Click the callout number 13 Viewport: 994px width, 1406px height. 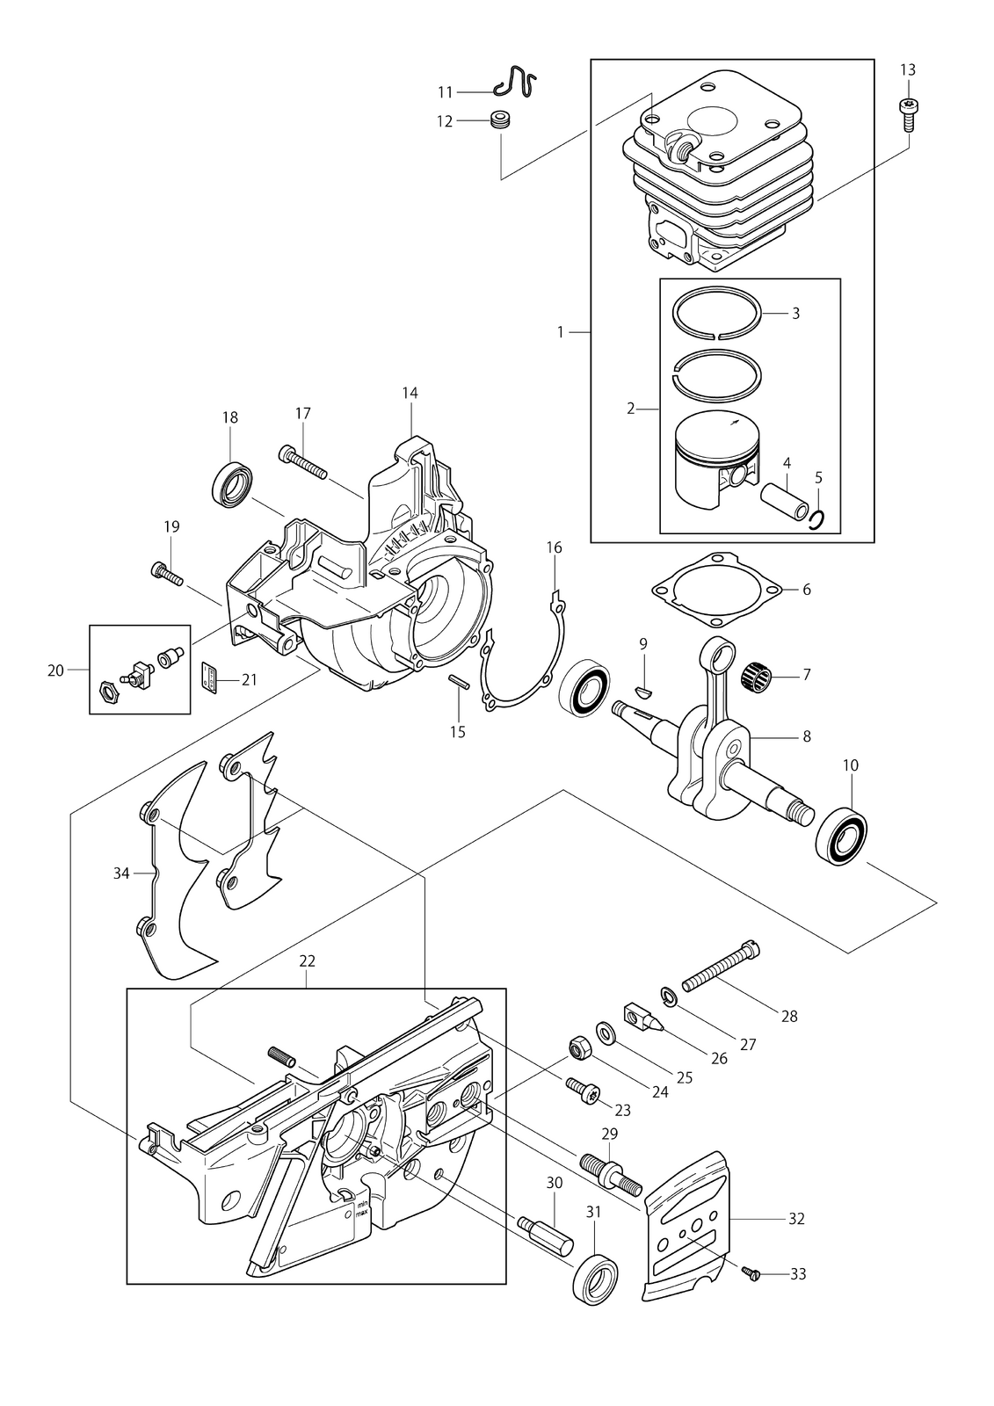coord(907,69)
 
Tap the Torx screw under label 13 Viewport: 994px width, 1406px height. coord(907,114)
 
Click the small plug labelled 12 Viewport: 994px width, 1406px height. coord(500,120)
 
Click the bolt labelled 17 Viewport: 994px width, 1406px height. coord(302,461)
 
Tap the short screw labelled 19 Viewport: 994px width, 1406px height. coord(166,573)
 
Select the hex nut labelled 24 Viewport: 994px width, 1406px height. coord(577,1047)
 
